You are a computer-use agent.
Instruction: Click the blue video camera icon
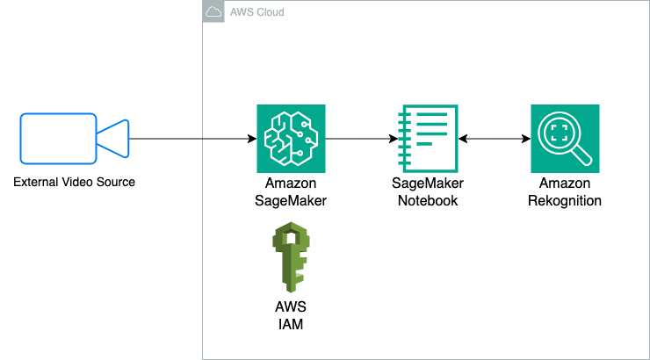pyautogui.click(x=75, y=139)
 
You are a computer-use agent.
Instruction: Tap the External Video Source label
pyautogui.click(x=75, y=183)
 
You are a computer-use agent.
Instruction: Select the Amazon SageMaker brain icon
pyautogui.click(x=291, y=139)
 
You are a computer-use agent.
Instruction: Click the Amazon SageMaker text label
pyautogui.click(x=291, y=191)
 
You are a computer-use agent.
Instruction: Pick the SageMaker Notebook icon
pyautogui.click(x=428, y=139)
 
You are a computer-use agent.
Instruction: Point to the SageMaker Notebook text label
pyautogui.click(x=428, y=191)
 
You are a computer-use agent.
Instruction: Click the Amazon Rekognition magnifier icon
pyautogui.click(x=565, y=139)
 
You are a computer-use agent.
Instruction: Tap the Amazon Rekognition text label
pyautogui.click(x=565, y=191)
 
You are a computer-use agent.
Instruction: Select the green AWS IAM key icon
pyautogui.click(x=291, y=257)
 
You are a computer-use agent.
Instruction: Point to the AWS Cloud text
pyautogui.click(x=256, y=12)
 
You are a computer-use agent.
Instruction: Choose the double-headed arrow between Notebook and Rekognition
pyautogui.click(x=495, y=139)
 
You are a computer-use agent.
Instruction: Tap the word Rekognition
pyautogui.click(x=565, y=200)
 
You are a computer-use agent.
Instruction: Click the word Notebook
pyautogui.click(x=428, y=200)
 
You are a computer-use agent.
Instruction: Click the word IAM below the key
pyautogui.click(x=291, y=324)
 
